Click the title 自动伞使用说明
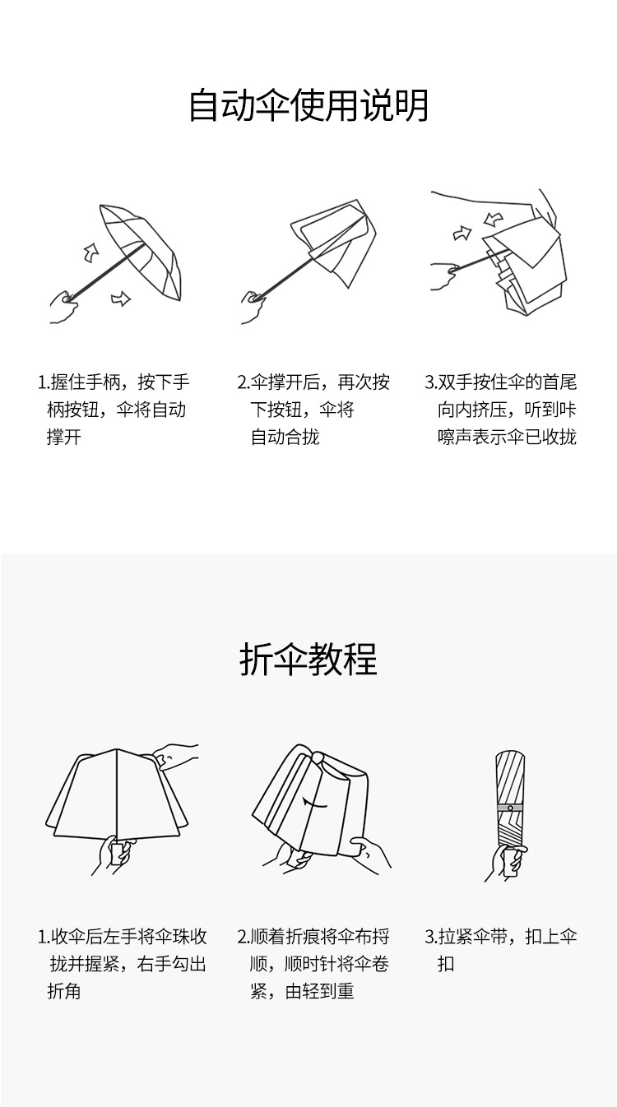(308, 105)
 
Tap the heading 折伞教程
(308, 660)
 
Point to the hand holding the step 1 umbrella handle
(64, 307)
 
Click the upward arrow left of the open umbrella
(91, 253)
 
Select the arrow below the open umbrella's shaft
(121, 299)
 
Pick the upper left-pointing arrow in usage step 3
(494, 219)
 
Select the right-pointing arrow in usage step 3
(462, 234)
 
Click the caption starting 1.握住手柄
(114, 410)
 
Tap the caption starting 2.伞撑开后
(313, 410)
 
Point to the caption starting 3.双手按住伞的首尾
(501, 410)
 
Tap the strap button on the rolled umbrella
(510, 808)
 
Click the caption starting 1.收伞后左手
(122, 964)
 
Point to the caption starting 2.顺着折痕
(313, 964)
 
